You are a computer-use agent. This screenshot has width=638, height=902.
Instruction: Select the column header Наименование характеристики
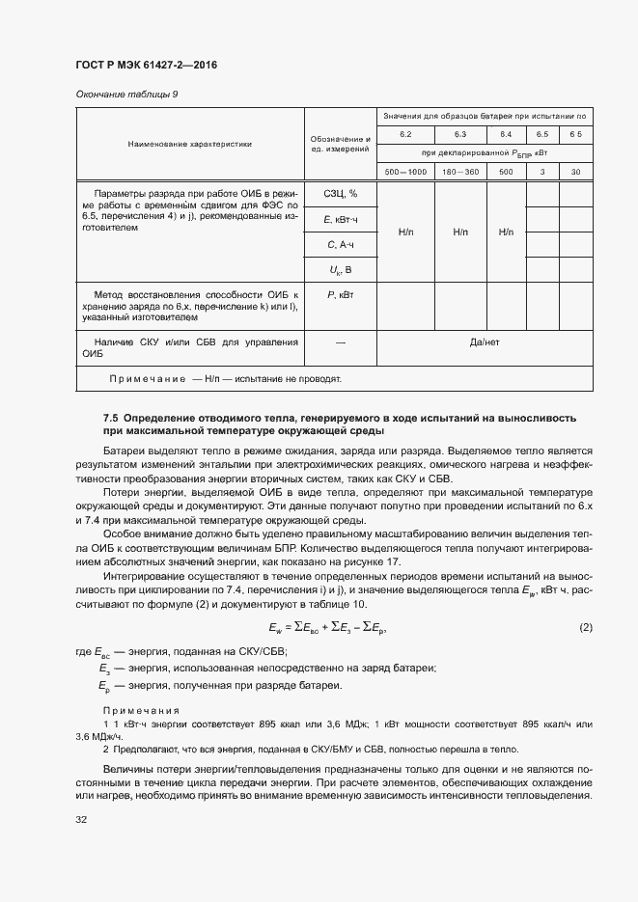click(x=189, y=144)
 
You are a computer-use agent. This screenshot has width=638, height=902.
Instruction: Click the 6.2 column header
click(x=405, y=133)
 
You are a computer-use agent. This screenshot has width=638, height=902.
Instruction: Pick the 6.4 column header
click(x=506, y=133)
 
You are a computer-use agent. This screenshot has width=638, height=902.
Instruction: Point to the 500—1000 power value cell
click(x=405, y=172)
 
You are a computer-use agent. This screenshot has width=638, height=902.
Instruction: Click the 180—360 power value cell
click(x=459, y=172)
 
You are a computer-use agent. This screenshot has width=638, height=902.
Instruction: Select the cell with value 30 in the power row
click(x=575, y=172)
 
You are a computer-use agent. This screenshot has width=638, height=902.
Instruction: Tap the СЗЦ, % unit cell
click(x=339, y=194)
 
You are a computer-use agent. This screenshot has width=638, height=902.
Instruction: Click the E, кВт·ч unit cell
click(x=339, y=220)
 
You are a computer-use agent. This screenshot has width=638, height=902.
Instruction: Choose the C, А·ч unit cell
click(x=339, y=245)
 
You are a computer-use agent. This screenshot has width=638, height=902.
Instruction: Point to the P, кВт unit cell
click(x=339, y=293)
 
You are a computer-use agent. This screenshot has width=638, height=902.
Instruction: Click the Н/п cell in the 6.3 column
click(x=459, y=232)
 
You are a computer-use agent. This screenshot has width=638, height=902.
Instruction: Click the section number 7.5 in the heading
click(x=111, y=418)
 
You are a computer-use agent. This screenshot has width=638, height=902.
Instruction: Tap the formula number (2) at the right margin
click(x=586, y=628)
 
